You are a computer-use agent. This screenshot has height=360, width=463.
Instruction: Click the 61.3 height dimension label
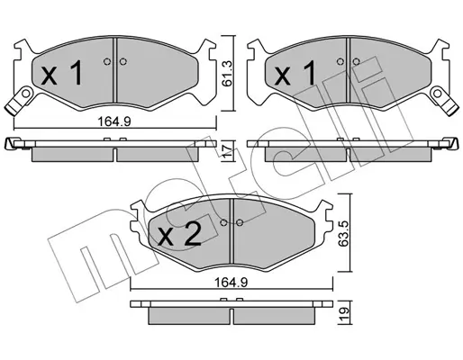(x=228, y=74)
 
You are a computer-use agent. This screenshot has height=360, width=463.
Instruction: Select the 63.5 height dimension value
(x=344, y=233)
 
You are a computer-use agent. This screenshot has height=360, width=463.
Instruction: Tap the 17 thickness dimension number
(x=228, y=151)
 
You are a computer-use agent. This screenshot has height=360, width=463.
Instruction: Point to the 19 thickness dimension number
(x=344, y=314)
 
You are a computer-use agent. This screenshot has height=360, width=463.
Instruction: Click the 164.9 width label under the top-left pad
(x=114, y=121)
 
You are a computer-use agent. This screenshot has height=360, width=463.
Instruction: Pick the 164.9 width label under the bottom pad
(x=231, y=283)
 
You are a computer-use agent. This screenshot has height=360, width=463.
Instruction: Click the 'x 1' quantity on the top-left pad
(x=62, y=72)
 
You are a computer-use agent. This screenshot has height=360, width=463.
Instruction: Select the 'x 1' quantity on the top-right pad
(x=295, y=72)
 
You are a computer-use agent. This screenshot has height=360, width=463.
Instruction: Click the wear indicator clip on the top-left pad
(x=20, y=101)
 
